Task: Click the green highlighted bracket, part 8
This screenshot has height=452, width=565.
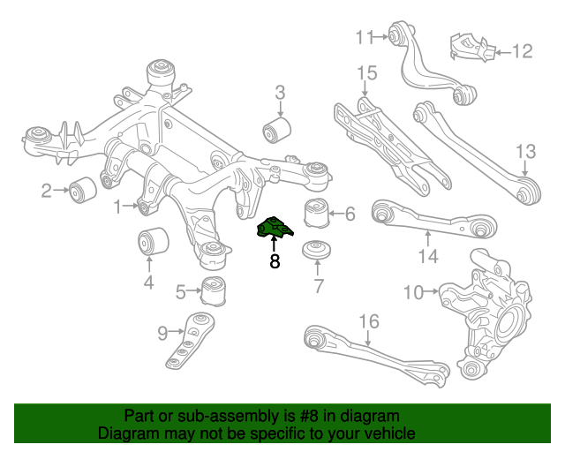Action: tap(275, 230)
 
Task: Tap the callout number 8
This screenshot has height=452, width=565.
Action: tap(275, 261)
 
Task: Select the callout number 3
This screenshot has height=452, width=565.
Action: tap(280, 92)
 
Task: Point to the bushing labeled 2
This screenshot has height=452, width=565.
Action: tap(85, 188)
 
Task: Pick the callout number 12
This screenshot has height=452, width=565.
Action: tap(523, 52)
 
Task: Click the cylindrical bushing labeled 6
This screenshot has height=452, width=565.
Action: tap(316, 213)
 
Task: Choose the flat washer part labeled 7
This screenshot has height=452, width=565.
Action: tap(316, 250)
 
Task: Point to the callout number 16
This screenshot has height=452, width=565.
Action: tap(368, 320)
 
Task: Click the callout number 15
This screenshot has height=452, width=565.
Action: tap(366, 72)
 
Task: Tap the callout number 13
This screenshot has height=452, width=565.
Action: tap(525, 150)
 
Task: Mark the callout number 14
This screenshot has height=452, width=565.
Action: tap(428, 257)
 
